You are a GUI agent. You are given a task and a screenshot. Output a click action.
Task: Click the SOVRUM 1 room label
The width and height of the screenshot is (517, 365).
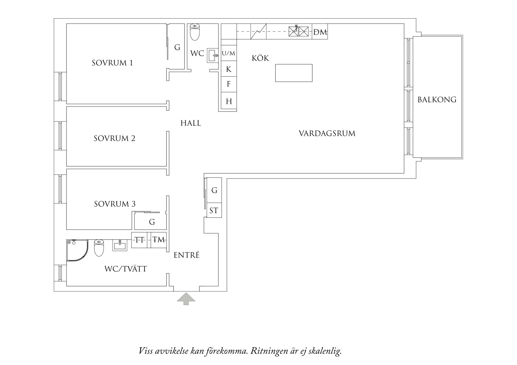click(112, 63)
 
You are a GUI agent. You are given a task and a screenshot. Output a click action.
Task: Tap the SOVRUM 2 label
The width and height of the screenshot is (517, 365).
click(114, 138)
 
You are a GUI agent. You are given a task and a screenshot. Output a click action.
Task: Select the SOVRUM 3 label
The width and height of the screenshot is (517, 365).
click(115, 204)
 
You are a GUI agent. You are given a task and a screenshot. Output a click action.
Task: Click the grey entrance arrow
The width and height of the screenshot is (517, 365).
click(186, 299)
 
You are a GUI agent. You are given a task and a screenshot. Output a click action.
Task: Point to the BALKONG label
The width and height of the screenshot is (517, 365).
click(437, 100)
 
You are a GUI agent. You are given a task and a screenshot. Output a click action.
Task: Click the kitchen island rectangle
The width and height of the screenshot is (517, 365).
click(294, 73)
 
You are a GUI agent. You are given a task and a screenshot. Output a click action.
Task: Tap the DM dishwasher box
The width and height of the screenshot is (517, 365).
click(320, 31)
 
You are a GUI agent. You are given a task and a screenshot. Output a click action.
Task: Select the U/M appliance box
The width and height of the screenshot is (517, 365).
click(229, 53)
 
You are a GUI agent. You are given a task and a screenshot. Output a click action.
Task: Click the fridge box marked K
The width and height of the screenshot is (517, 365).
click(229, 69)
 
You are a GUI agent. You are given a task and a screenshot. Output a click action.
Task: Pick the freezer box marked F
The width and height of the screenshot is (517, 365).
click(229, 84)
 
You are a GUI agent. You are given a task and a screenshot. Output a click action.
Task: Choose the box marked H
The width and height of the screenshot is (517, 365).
click(229, 101)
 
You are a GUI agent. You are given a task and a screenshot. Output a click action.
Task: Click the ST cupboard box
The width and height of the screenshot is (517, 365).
click(214, 210)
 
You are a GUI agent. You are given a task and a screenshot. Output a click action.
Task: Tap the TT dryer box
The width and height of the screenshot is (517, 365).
click(141, 240)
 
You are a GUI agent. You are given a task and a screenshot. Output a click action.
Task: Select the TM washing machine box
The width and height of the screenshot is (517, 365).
click(159, 240)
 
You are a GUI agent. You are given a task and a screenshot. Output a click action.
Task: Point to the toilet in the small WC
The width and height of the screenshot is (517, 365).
click(195, 32)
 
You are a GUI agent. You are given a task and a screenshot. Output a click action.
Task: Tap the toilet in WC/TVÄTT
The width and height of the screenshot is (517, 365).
click(99, 248)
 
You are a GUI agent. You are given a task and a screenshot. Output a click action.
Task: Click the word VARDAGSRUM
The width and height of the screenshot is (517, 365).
click(327, 134)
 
